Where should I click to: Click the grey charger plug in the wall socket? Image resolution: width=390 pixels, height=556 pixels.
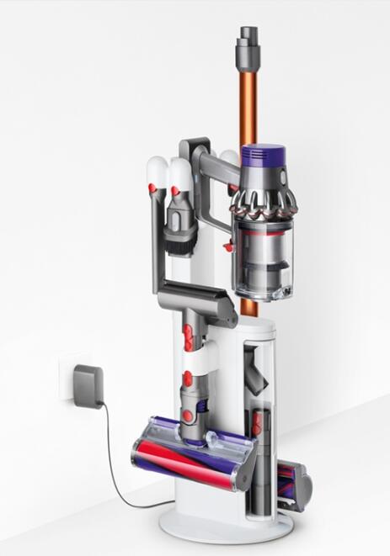pos(88,384)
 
